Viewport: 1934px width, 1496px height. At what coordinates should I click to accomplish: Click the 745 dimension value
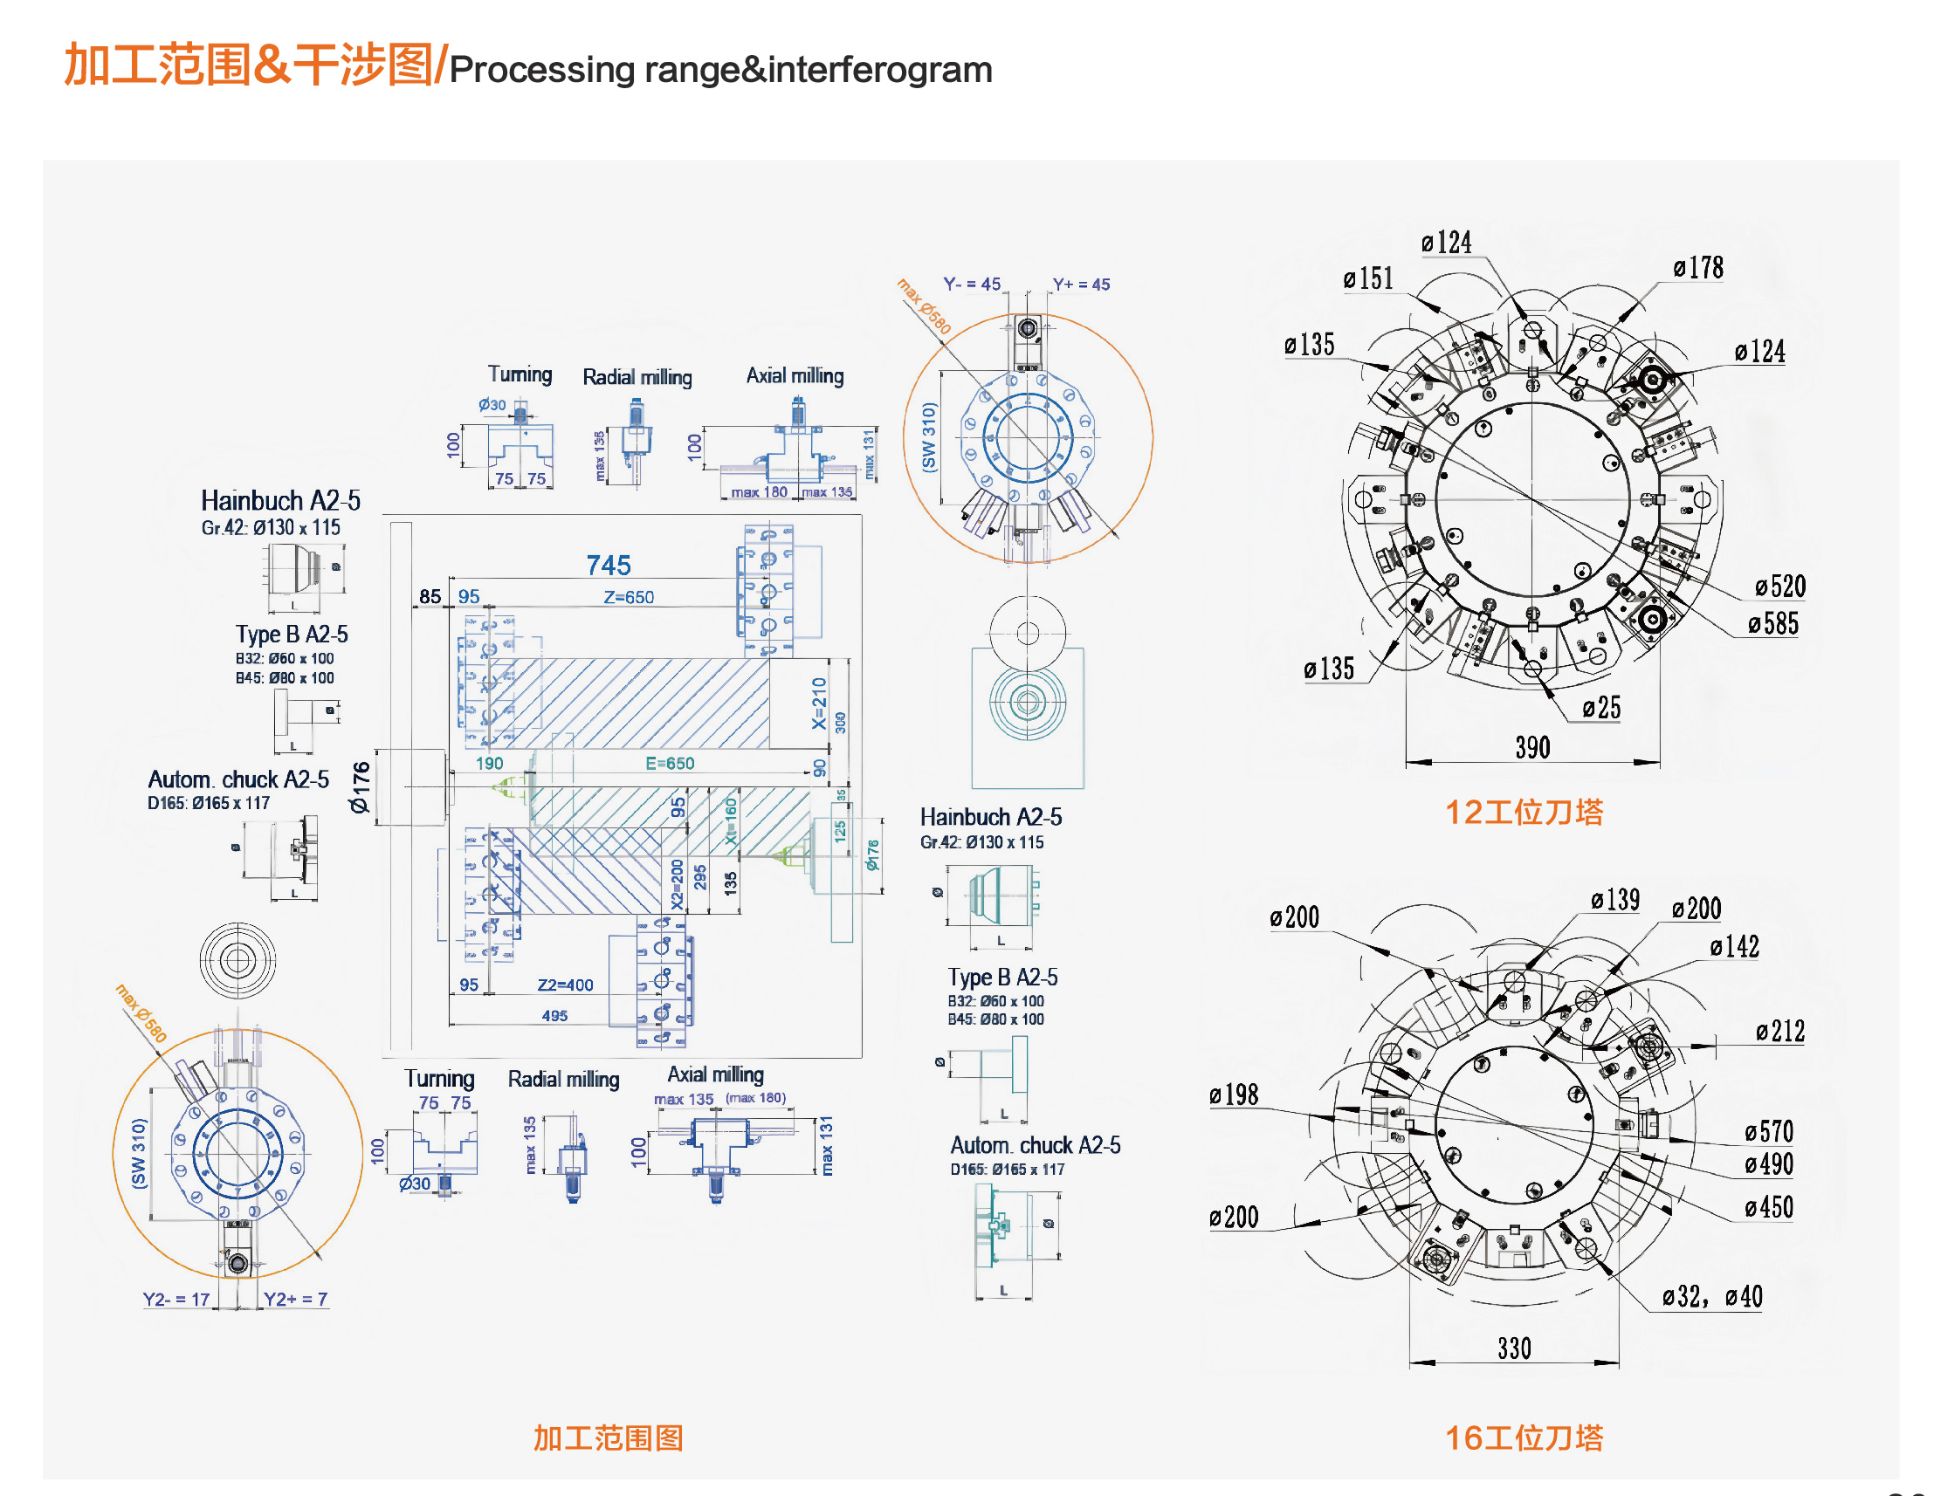point(609,566)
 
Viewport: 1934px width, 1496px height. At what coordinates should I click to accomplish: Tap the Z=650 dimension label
point(629,598)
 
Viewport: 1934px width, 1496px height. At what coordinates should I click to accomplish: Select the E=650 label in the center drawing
point(670,763)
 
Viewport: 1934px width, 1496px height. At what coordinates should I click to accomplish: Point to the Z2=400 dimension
point(565,985)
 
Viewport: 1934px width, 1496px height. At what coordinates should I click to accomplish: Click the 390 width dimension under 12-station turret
point(1532,748)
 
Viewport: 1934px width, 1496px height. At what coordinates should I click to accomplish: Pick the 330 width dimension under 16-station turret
point(1514,1349)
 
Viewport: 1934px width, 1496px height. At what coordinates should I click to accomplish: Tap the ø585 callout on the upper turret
point(1772,624)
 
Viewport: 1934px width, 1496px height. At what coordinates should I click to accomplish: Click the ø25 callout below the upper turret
point(1601,708)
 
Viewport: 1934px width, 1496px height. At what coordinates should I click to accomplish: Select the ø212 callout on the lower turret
point(1780,1032)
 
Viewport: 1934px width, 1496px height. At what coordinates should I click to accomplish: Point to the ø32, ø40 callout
point(1711,1297)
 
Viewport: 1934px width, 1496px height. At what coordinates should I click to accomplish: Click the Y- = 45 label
point(972,285)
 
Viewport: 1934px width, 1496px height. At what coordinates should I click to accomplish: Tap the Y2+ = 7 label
point(295,1299)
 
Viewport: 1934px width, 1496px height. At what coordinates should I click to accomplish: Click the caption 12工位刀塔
point(1524,813)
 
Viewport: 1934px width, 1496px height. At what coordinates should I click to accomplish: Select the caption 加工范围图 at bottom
point(608,1438)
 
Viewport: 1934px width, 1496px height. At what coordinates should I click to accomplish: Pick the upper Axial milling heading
point(795,375)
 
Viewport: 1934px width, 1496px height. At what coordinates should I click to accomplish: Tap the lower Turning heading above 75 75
point(439,1078)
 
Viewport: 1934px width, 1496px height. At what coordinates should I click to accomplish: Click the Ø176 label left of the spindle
point(359,787)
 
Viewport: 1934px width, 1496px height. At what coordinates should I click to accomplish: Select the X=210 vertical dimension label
point(819,703)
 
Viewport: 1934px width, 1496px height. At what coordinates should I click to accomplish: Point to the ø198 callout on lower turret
point(1234,1095)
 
